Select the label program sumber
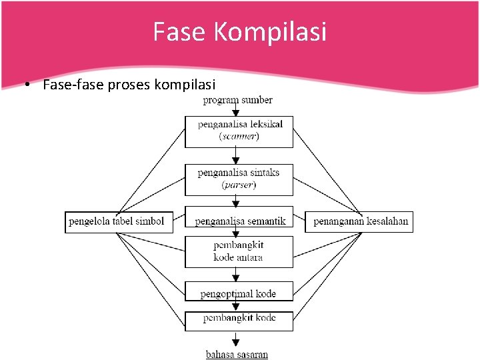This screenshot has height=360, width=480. pyautogui.click(x=238, y=100)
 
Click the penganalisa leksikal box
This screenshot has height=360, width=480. pyautogui.click(x=239, y=131)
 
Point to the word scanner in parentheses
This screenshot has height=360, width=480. pyautogui.click(x=239, y=137)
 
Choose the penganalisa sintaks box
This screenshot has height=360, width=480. pyautogui.click(x=239, y=179)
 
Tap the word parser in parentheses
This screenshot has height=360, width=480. pyautogui.click(x=239, y=185)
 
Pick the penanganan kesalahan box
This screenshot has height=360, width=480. pyautogui.click(x=359, y=221)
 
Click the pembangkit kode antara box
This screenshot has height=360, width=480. pyautogui.click(x=239, y=251)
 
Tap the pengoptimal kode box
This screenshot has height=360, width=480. pyautogui.click(x=239, y=293)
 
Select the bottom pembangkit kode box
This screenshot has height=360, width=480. pyautogui.click(x=239, y=319)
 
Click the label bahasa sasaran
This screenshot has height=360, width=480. pyautogui.click(x=237, y=354)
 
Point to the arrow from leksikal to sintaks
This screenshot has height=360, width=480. pyautogui.click(x=235, y=156)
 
